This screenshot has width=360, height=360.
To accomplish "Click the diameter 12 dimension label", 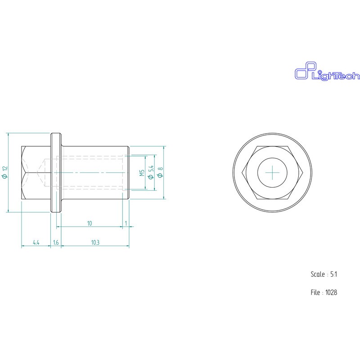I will (5, 172).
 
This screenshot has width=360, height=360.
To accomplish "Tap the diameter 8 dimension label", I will (160, 172).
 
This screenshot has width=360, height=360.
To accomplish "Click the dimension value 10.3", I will (95, 243).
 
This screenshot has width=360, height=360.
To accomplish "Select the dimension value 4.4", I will (36, 243).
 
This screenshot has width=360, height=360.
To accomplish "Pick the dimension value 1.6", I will (56, 243).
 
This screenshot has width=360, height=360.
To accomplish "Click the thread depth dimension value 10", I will (90, 223).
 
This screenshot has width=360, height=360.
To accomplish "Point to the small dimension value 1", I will (126, 223).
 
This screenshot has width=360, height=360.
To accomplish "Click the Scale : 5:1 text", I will (324, 274).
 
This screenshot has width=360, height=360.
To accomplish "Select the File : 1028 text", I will (324, 292).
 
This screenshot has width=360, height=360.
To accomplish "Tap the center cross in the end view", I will (273, 172).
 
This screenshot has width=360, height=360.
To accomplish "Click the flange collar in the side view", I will (56, 172).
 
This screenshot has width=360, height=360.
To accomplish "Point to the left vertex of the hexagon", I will (243, 172).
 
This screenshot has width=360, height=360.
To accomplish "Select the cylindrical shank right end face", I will (129, 172).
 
